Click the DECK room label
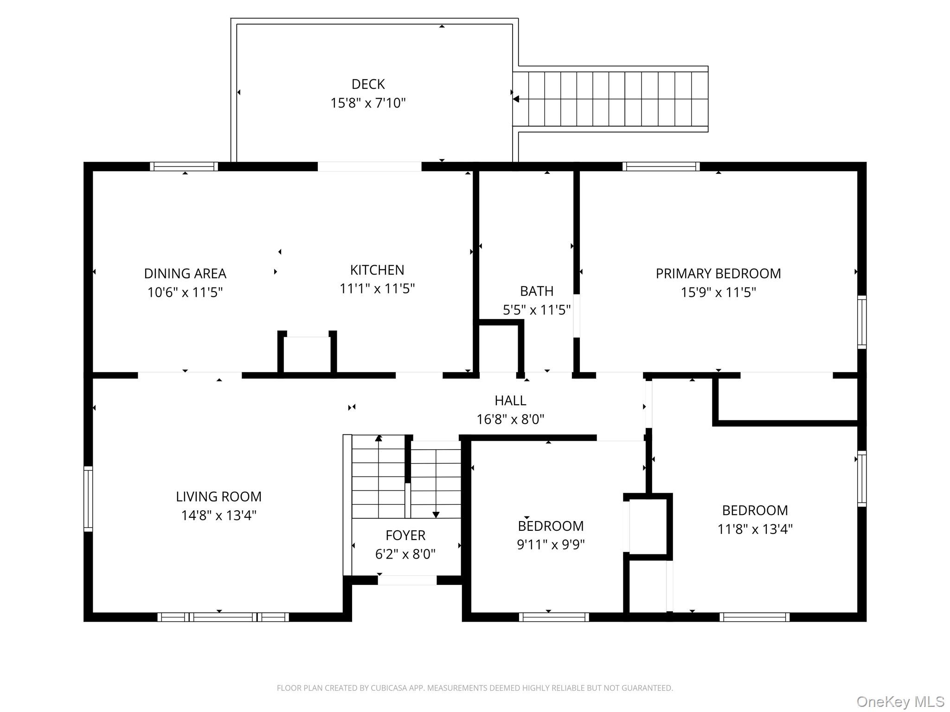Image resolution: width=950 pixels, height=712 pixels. click(x=368, y=84)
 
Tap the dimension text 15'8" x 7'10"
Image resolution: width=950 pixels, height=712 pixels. click(x=368, y=103)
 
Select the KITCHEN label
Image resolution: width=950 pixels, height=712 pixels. click(x=377, y=270)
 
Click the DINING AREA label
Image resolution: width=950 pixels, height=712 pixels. click(x=185, y=273)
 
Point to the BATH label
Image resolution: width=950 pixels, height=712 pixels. click(x=536, y=291)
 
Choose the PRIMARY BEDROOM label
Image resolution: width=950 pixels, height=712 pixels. click(x=718, y=273)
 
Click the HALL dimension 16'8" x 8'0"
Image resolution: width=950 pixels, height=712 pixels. click(x=510, y=419)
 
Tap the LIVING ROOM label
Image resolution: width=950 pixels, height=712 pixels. click(x=218, y=496)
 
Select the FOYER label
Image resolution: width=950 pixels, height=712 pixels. click(x=405, y=535)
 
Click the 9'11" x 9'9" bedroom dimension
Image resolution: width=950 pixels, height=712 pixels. click(x=551, y=544)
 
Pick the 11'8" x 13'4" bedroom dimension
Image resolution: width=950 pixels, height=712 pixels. click(x=755, y=529)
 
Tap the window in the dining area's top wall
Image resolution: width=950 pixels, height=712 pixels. click(x=184, y=166)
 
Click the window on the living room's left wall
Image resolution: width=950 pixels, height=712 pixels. click(x=88, y=498)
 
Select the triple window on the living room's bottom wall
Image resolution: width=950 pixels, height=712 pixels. click(x=223, y=617)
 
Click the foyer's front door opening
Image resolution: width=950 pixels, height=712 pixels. click(x=407, y=580)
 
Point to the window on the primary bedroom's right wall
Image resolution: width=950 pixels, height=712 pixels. click(x=861, y=322)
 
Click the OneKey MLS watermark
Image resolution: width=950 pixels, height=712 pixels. click(x=900, y=702)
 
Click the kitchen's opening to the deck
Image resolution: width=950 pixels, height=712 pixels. click(x=369, y=166)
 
